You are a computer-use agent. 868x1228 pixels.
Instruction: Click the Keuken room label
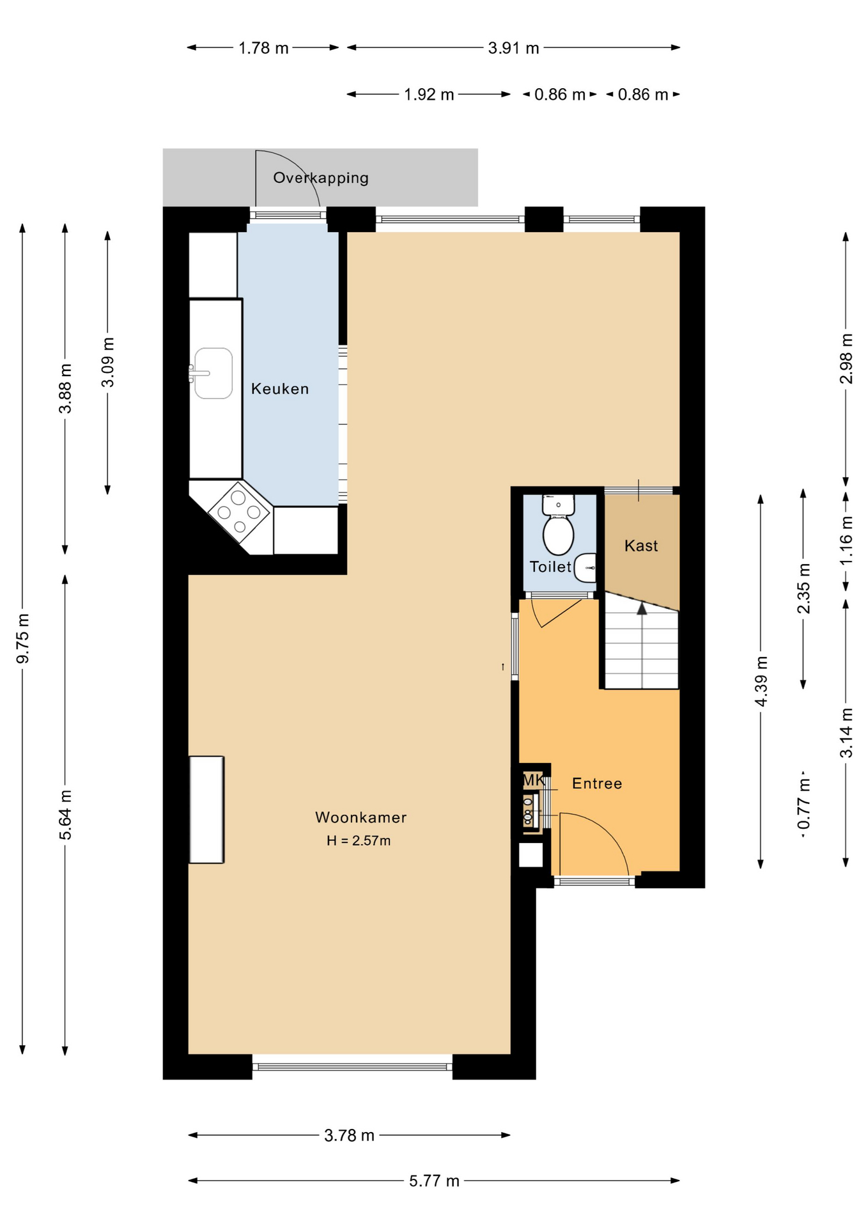[x=280, y=389]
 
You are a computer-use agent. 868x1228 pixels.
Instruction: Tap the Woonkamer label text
[x=360, y=817]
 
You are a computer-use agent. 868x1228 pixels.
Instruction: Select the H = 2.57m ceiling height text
[x=359, y=841]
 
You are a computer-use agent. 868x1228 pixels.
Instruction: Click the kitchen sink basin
[x=213, y=374]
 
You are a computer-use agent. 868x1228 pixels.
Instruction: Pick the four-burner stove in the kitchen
[x=239, y=512]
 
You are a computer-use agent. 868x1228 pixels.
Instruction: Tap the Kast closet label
[x=641, y=546]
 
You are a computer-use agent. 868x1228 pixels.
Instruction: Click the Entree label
[x=597, y=783]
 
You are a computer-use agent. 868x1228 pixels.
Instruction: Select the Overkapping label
[x=321, y=178]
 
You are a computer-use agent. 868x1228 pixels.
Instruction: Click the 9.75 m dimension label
[x=23, y=638]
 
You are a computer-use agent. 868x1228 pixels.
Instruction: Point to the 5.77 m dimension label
[x=435, y=1181]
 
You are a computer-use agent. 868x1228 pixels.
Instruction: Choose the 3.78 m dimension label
[x=349, y=1136]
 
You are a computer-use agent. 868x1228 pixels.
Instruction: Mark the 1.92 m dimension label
[x=429, y=95]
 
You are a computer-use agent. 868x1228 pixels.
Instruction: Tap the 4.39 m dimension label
[x=761, y=682]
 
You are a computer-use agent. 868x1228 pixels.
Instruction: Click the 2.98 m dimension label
[x=846, y=359]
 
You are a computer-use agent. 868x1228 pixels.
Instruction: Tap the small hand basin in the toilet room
[x=585, y=568]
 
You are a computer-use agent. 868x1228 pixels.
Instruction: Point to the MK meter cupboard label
[x=533, y=780]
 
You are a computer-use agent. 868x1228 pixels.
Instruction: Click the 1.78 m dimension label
[x=263, y=48]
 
